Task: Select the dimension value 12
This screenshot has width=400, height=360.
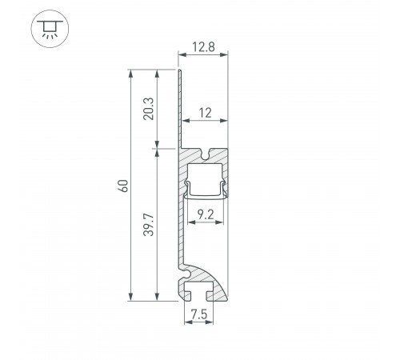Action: (206, 114)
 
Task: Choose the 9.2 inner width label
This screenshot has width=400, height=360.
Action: (204, 214)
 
